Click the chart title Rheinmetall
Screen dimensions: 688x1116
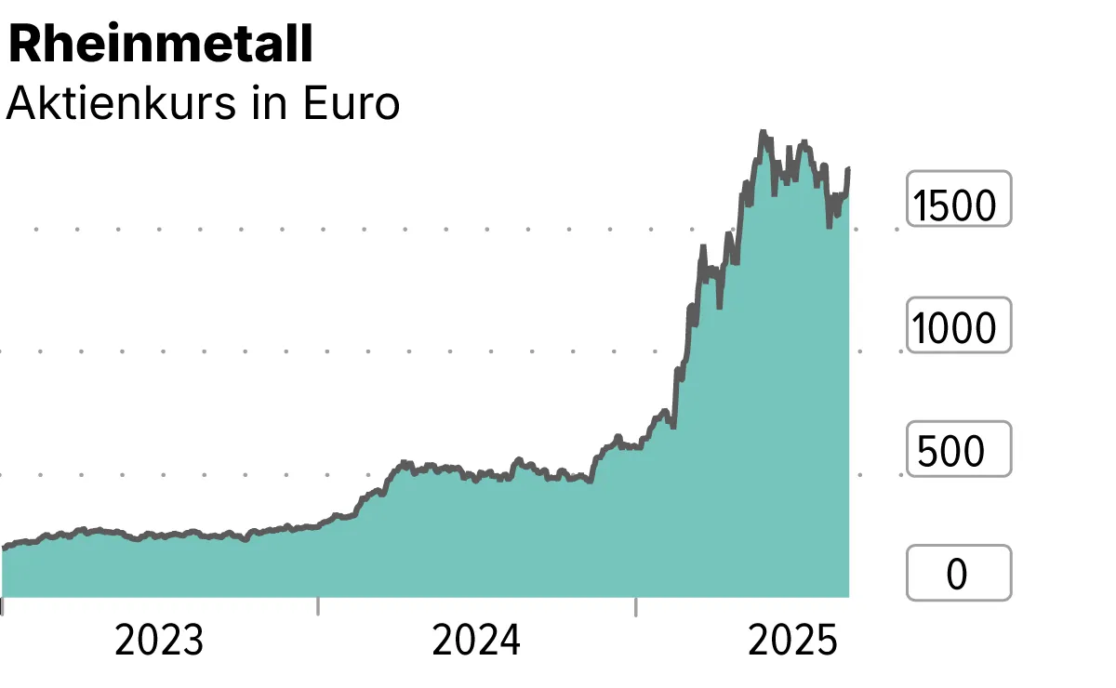(160, 45)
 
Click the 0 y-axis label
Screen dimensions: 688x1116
(957, 575)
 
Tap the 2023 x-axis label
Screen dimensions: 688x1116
(158, 642)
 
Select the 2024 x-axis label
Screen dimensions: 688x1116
(476, 642)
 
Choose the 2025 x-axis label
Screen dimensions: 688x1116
(793, 642)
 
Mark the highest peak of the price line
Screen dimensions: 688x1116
(762, 133)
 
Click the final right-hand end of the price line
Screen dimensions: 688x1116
(848, 169)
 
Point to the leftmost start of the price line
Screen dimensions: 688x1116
(3, 549)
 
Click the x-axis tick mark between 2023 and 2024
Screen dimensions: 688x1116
(318, 606)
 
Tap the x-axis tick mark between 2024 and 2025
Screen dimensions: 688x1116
(636, 606)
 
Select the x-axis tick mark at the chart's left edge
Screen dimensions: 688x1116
(2, 606)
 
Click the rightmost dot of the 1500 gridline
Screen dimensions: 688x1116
(898, 228)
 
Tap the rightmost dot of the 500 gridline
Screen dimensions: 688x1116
(898, 474)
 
